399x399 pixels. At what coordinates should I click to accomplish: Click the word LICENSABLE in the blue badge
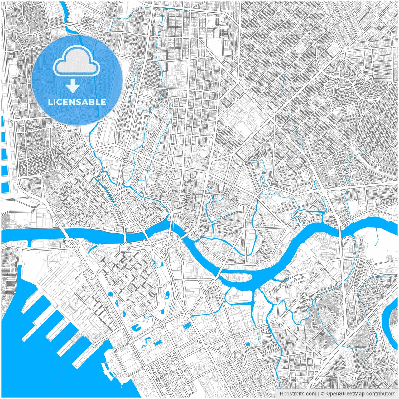point(77,102)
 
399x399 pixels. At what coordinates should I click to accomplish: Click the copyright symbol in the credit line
point(323,394)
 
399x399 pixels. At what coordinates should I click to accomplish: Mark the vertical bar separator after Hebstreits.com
point(318,394)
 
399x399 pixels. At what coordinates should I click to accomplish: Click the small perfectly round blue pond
point(248,344)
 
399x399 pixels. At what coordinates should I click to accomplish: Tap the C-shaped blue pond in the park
point(136,328)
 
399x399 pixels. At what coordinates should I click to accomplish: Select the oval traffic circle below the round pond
point(239,354)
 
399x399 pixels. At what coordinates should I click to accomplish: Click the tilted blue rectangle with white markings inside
point(187,326)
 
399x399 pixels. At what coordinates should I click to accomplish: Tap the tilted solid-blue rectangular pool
point(158,343)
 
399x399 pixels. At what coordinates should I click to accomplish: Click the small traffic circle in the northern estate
point(214,27)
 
